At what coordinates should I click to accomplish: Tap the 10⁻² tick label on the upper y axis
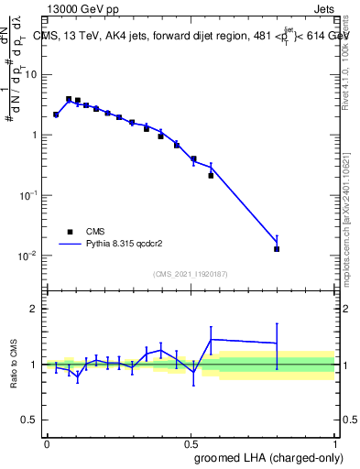(x=30, y=255)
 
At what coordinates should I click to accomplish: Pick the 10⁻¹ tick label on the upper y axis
(x=30, y=195)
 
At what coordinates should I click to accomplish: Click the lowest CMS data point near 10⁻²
(x=277, y=248)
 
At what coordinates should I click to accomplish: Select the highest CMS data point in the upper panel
(x=69, y=99)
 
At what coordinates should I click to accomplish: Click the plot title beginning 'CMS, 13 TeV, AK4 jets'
(x=191, y=36)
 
